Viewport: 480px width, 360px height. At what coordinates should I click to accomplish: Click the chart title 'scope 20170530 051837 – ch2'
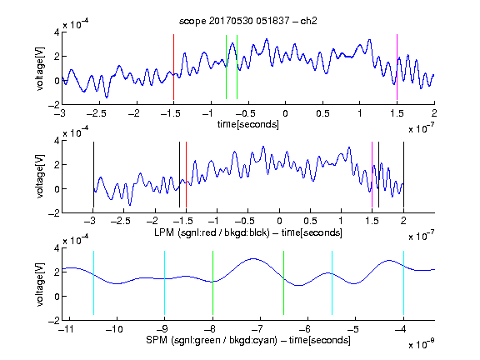[248, 21]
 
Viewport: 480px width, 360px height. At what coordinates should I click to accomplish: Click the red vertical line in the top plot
[173, 67]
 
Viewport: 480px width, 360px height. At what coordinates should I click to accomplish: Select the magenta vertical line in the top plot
[397, 67]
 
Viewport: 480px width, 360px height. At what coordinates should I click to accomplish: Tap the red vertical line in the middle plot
[186, 174]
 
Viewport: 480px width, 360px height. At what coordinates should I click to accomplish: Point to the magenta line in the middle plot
[372, 174]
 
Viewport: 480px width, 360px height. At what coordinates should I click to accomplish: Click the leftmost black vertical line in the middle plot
[93, 174]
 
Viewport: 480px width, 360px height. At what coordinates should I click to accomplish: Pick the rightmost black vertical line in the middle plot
[403, 174]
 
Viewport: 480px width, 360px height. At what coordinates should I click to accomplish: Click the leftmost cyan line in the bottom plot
[93, 282]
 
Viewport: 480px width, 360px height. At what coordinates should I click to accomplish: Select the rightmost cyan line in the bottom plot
[403, 282]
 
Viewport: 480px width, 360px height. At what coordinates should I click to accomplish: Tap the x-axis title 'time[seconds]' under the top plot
[248, 124]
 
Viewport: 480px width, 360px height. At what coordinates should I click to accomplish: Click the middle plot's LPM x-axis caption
[248, 232]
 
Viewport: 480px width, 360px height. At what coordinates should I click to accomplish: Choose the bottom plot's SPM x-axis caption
[248, 340]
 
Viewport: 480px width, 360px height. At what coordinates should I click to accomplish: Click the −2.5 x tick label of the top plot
[97, 113]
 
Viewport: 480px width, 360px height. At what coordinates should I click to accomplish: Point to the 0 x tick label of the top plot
[285, 113]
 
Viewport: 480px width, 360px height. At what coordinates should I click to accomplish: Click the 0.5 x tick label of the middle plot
[310, 221]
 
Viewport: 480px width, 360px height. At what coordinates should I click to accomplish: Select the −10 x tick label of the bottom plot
[114, 329]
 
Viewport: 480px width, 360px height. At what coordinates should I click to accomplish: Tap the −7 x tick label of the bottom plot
[257, 329]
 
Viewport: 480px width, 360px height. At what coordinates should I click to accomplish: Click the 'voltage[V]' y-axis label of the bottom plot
[40, 284]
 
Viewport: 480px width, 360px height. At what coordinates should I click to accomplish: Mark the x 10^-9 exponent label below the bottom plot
[421, 344]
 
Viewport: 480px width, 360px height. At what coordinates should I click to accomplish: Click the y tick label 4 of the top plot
[57, 32]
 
